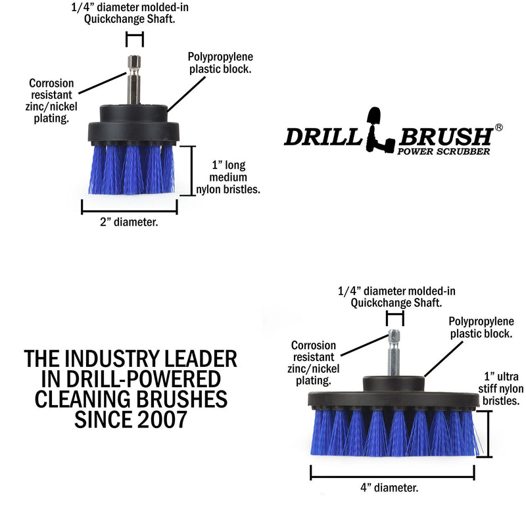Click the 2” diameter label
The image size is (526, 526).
click(x=129, y=222)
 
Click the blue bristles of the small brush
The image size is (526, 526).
click(x=129, y=170)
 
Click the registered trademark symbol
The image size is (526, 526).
click(x=498, y=127)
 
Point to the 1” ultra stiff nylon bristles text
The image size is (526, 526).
click(x=501, y=389)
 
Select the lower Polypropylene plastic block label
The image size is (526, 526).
click(x=480, y=327)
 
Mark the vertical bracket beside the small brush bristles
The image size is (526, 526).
click(x=191, y=169)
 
